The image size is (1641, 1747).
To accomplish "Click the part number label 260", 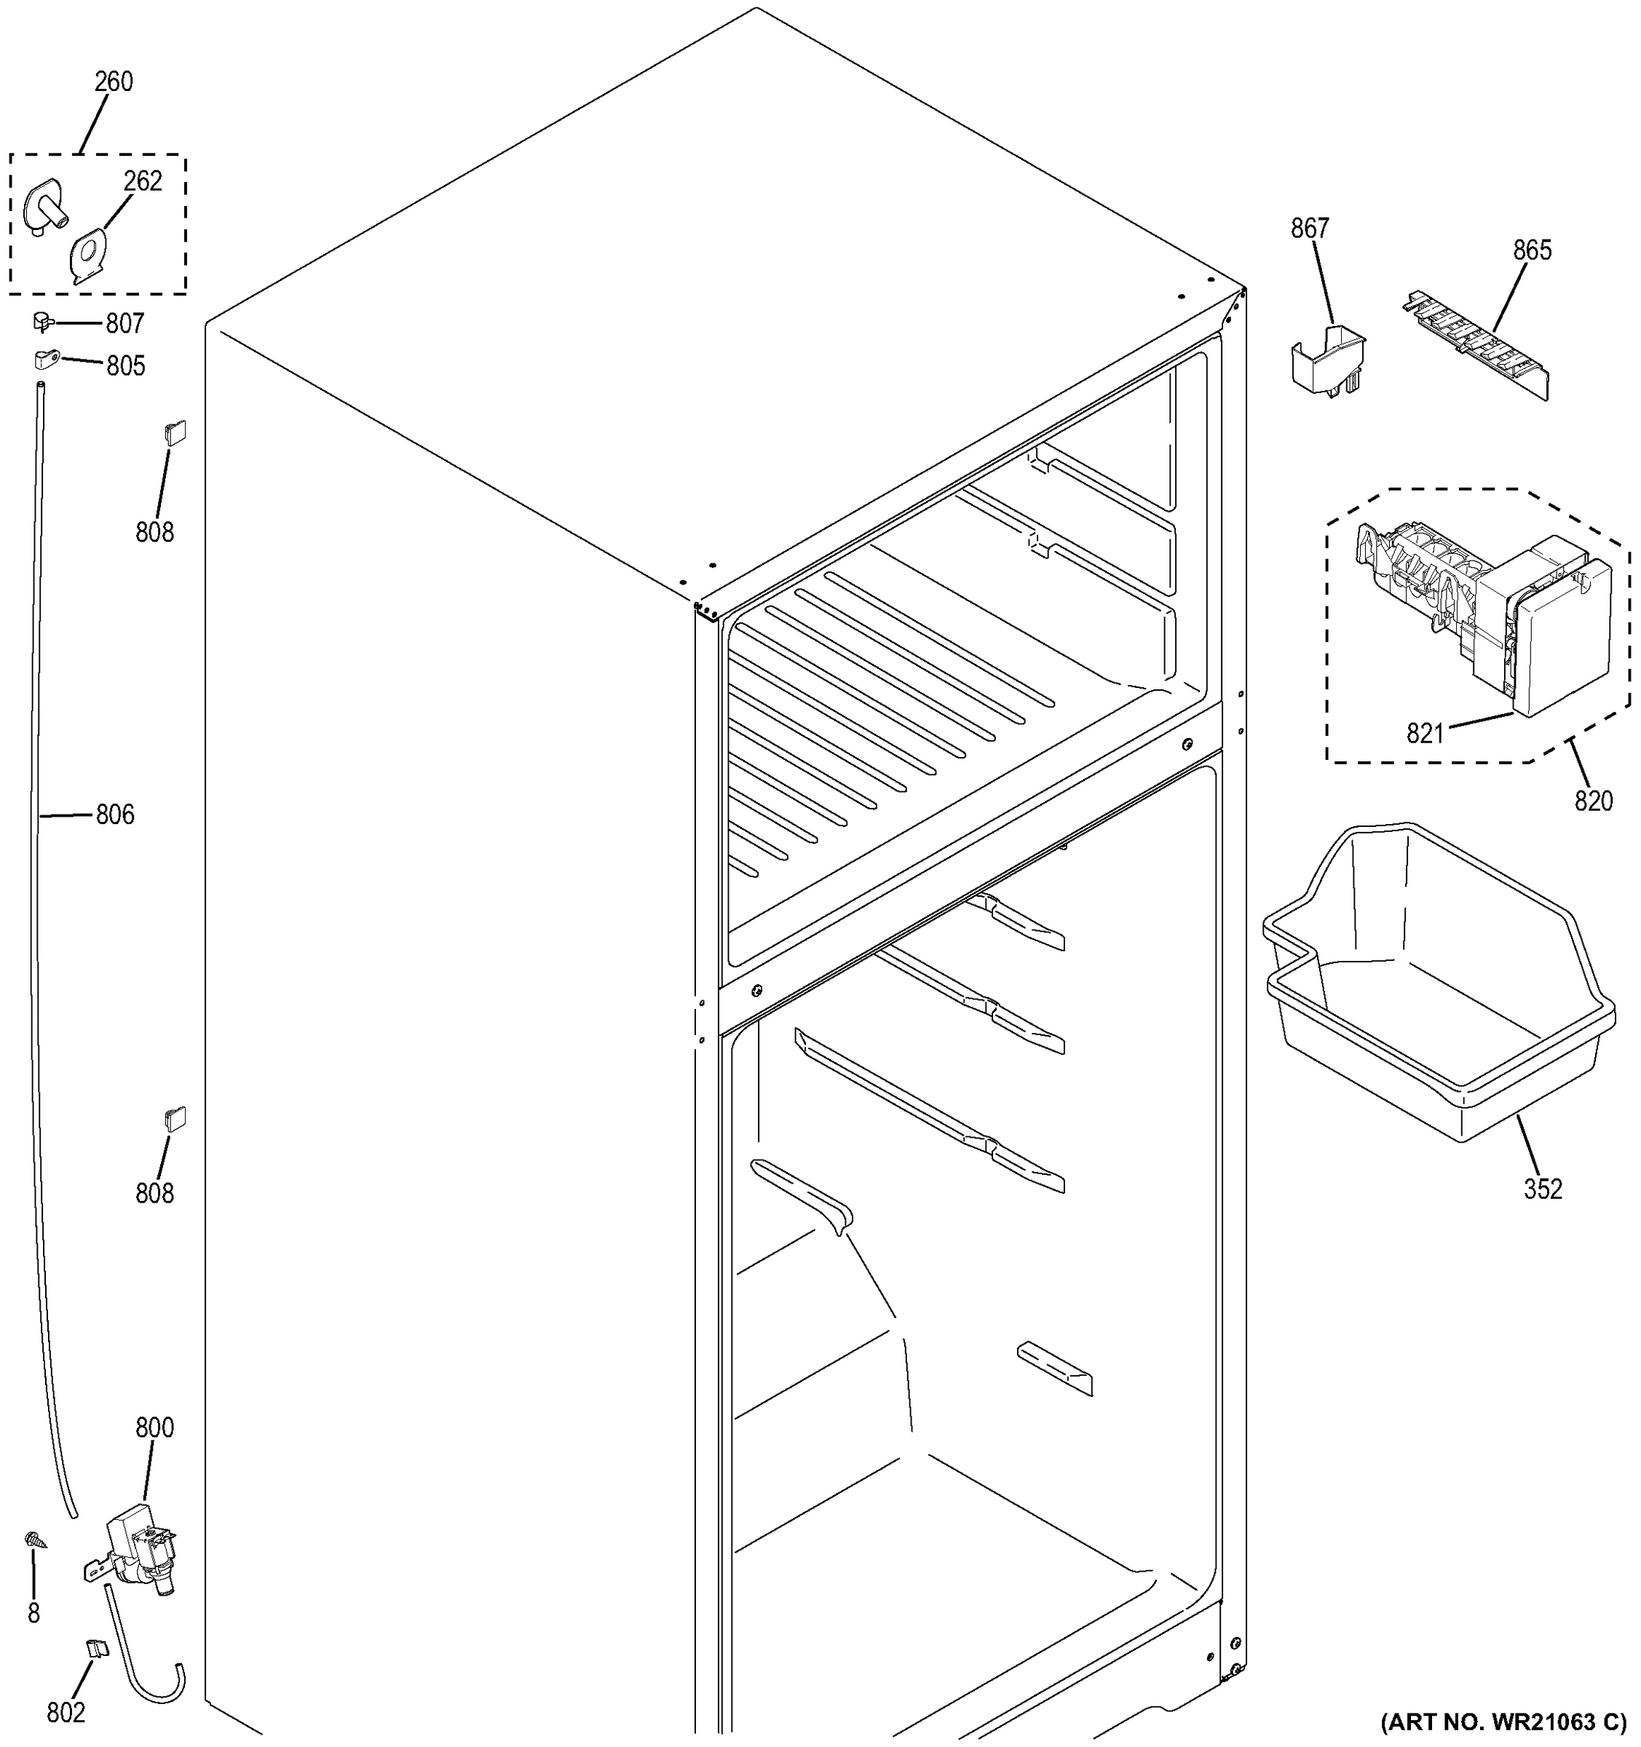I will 114,82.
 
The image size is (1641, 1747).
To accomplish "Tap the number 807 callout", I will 124,324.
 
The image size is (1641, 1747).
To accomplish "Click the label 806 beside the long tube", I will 115,815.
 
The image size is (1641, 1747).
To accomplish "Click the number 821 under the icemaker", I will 1425,733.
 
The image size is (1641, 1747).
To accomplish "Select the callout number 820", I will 1594,801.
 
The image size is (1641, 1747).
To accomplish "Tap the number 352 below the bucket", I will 1543,1189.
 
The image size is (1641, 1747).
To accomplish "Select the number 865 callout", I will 1532,251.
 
